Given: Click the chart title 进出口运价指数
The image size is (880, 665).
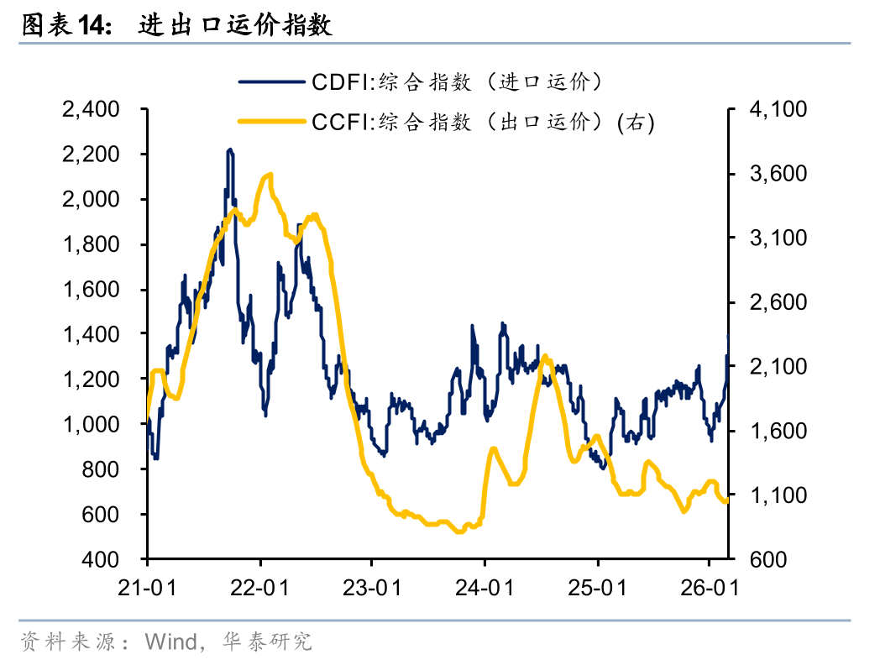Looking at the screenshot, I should [235, 25].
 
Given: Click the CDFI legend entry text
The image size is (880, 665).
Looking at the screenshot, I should [458, 82].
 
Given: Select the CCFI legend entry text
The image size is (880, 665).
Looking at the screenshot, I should [483, 122].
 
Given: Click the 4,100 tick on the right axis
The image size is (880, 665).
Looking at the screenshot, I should [777, 110].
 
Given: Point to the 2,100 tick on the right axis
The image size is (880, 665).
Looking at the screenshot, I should [777, 367].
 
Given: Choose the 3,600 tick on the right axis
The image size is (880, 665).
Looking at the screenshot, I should [777, 174].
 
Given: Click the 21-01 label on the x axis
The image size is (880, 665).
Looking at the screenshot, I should [147, 587].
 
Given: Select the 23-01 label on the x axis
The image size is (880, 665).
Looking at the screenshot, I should [371, 587].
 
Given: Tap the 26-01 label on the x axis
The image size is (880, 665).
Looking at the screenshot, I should [708, 587].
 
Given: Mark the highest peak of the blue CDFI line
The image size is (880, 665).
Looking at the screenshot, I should [230, 150].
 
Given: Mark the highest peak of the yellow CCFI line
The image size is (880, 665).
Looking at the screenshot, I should [270, 175].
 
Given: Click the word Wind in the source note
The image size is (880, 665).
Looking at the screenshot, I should [169, 642].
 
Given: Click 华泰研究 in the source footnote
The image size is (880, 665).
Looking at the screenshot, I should [267, 642].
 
